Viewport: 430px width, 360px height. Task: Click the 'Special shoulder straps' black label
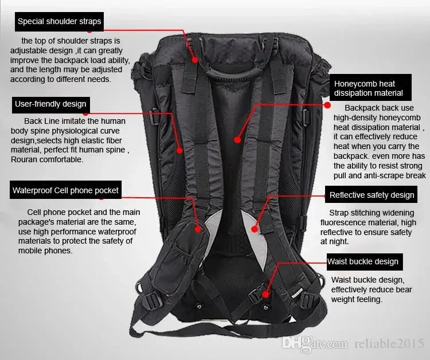[x=59, y=22]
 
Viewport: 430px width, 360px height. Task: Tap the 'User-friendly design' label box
[x=50, y=104]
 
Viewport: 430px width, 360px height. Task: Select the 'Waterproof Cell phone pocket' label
[x=65, y=190]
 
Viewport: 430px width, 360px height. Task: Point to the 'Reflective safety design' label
[x=372, y=195]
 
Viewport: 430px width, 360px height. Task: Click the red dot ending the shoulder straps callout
[x=194, y=59]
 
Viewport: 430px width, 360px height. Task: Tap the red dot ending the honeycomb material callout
[x=237, y=139]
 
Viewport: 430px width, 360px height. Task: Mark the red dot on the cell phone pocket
[x=199, y=228]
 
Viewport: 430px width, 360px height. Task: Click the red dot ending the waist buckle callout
[x=265, y=294]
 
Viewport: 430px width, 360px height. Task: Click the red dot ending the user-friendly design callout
[x=179, y=151]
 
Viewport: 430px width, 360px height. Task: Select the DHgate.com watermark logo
[x=315, y=343]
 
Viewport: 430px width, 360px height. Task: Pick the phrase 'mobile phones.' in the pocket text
[x=45, y=251]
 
